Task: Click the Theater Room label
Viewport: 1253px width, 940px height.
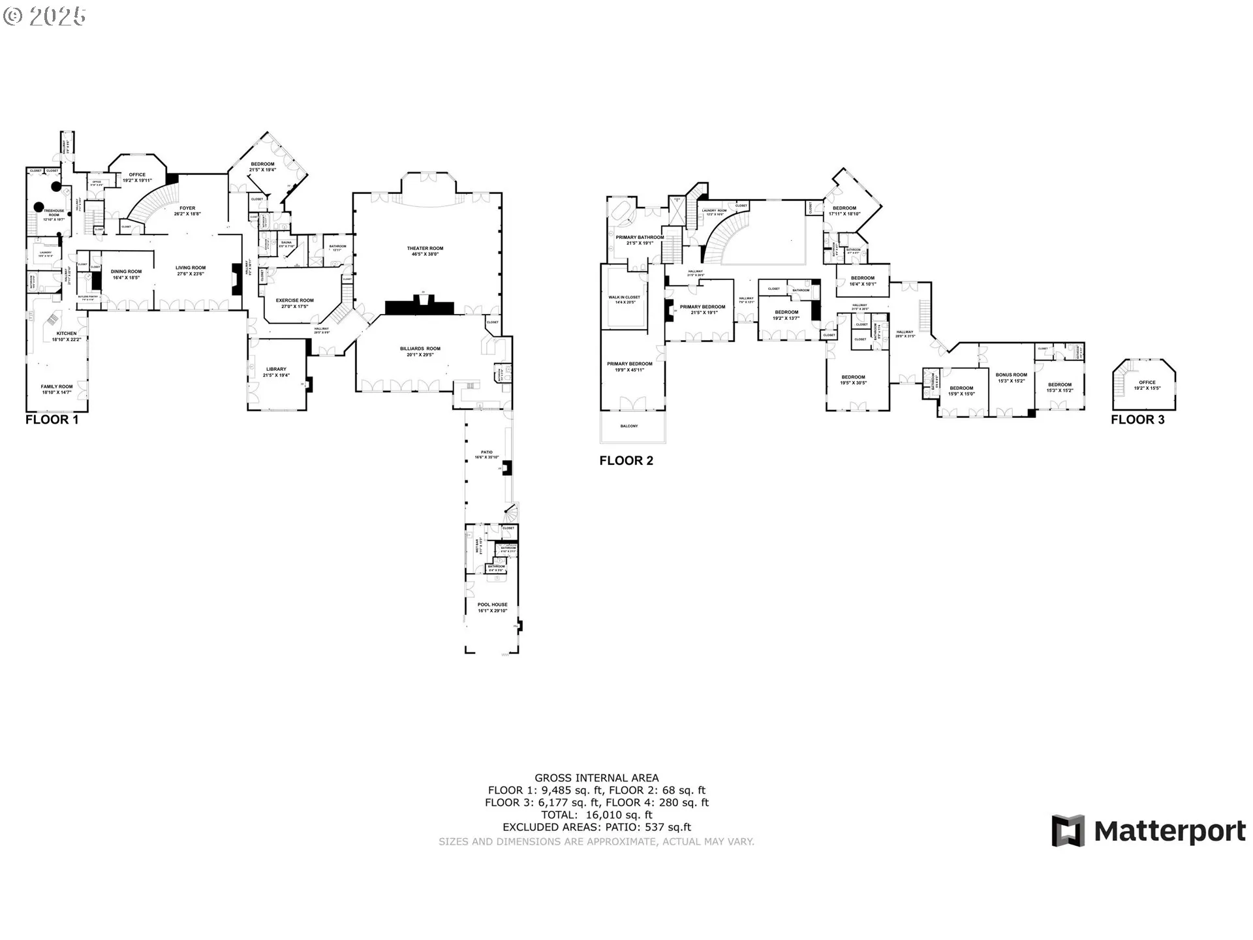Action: tap(425, 248)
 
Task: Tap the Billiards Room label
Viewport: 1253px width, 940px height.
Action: tap(420, 349)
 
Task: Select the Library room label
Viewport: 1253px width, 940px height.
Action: tap(275, 369)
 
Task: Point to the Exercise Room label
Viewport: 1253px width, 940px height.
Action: tap(294, 300)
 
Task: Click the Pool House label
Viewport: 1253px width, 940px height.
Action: tap(492, 604)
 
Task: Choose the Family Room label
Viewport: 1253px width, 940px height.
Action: tap(57, 386)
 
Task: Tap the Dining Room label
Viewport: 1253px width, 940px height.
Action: tap(126, 272)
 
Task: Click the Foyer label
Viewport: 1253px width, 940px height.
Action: tap(187, 208)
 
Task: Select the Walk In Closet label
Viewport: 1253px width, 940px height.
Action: tap(624, 297)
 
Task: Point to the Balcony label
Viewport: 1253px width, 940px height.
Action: tap(629, 426)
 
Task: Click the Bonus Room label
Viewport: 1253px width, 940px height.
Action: tap(1011, 375)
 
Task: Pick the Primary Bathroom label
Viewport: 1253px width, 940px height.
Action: tap(639, 238)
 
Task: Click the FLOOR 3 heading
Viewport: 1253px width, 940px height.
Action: tap(1137, 420)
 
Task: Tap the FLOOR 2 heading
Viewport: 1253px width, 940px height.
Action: tap(626, 461)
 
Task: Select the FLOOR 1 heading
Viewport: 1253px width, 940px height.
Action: tap(52, 420)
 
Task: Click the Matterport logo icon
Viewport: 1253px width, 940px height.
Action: tap(1068, 830)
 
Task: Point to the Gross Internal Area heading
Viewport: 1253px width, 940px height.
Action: tap(596, 777)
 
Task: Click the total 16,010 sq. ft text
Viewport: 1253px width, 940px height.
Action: tap(596, 815)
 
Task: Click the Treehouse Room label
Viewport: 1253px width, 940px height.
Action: tap(54, 212)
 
